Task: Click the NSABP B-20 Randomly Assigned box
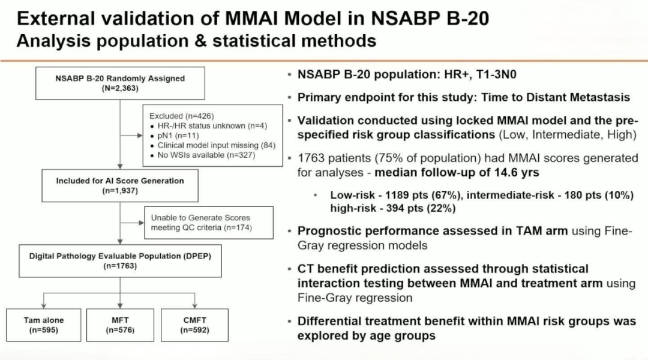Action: click(120, 83)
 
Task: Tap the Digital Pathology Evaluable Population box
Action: click(120, 260)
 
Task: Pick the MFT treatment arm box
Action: click(120, 325)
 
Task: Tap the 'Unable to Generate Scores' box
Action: click(208, 222)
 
